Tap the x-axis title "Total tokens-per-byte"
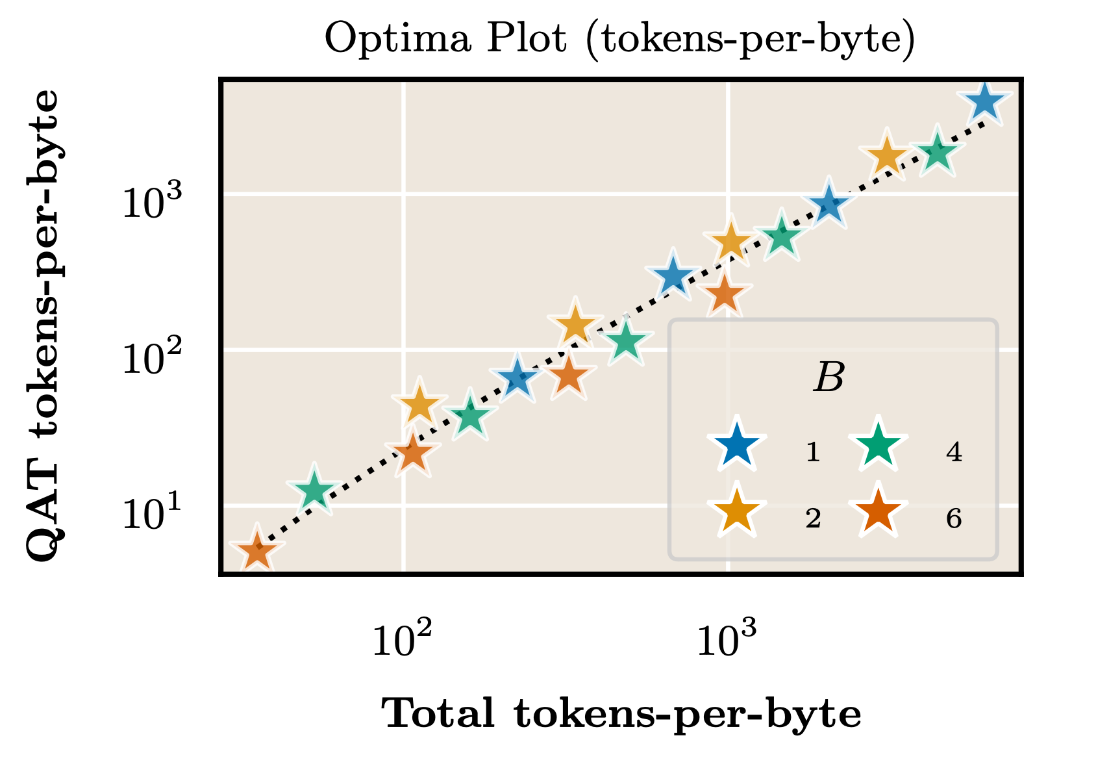621,715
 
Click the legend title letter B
829,378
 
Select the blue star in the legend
736,447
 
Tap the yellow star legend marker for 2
736,513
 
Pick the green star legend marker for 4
878,447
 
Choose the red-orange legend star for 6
878,513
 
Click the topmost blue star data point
985,103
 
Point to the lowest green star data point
314,491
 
